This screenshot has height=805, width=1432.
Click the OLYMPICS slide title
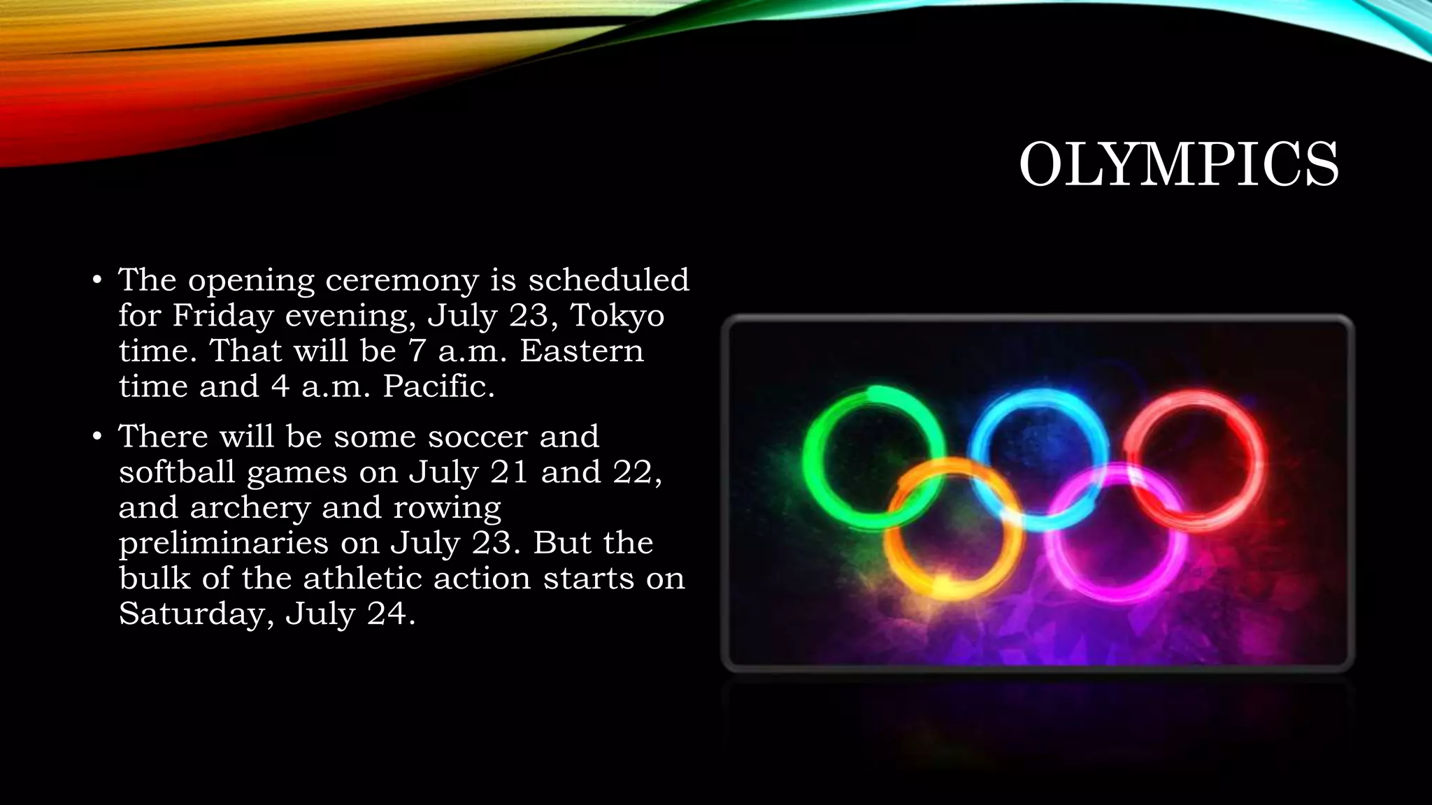coord(1178,165)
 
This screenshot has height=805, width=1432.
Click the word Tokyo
coord(617,316)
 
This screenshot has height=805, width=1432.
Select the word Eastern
coord(581,351)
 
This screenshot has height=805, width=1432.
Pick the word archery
coord(250,508)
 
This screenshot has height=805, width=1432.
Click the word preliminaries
coord(223,544)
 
